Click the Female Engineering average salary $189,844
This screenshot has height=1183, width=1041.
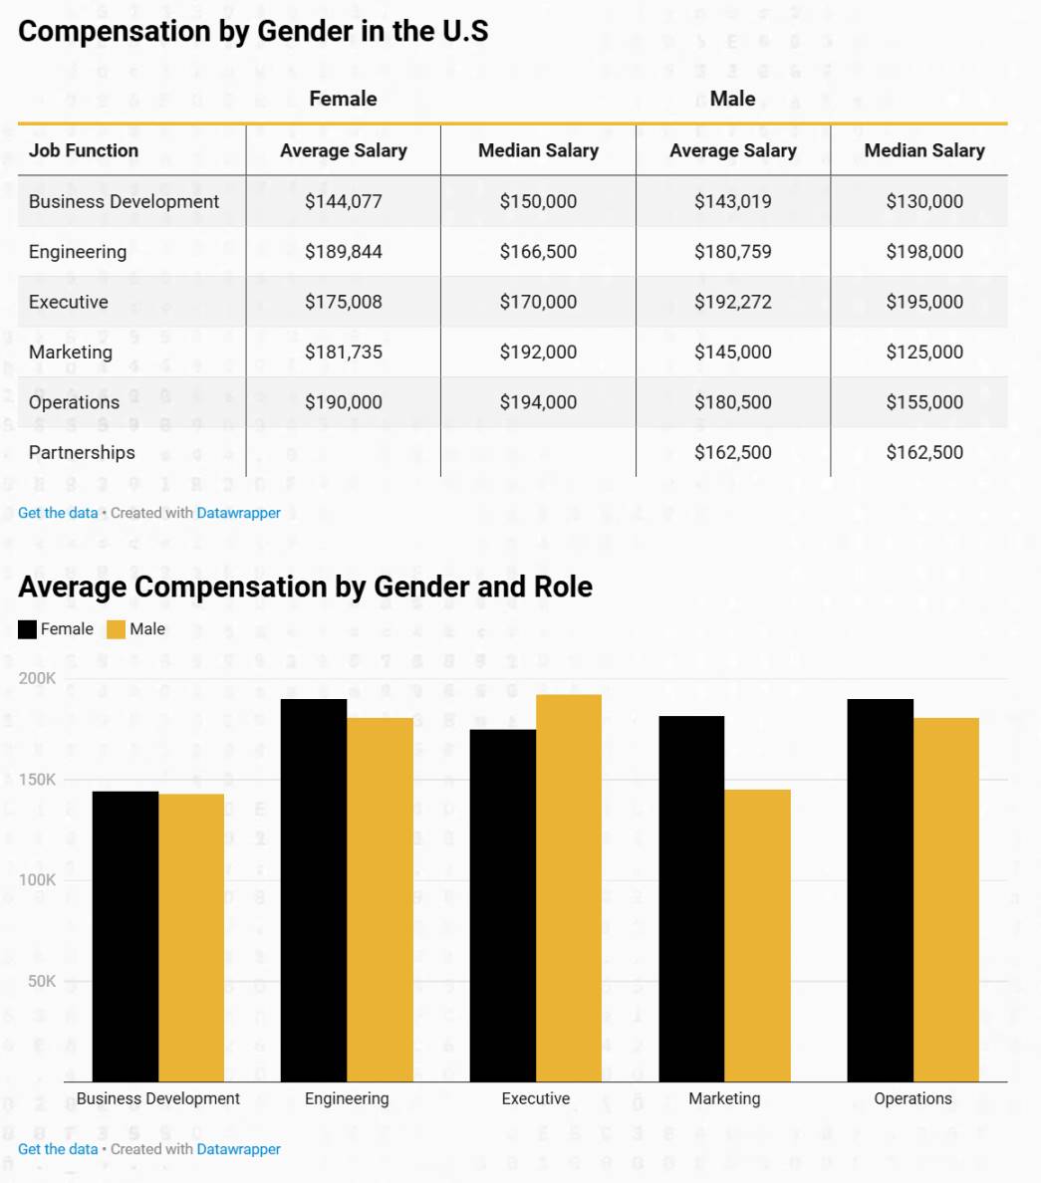(x=344, y=252)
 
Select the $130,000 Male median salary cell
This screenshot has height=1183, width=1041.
(x=924, y=201)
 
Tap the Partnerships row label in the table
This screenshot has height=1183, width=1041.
(x=82, y=452)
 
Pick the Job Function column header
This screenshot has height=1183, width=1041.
(x=84, y=150)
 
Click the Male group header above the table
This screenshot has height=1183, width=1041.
(x=732, y=99)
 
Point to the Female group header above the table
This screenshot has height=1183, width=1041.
(x=343, y=99)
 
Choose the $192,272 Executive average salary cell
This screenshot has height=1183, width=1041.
(x=732, y=302)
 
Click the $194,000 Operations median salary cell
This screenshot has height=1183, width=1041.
(x=538, y=402)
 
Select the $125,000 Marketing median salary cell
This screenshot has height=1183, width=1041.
(x=924, y=352)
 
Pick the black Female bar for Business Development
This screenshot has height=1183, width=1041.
(x=126, y=936)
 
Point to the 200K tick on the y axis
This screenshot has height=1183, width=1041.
(x=38, y=678)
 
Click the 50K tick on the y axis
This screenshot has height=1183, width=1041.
(x=40, y=981)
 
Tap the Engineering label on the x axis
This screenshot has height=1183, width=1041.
(x=347, y=1098)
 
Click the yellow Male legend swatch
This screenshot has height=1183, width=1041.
(x=117, y=629)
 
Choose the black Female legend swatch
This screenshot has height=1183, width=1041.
(x=28, y=629)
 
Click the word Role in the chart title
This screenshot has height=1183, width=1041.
(x=563, y=587)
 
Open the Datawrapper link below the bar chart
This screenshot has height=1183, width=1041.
(x=238, y=1149)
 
